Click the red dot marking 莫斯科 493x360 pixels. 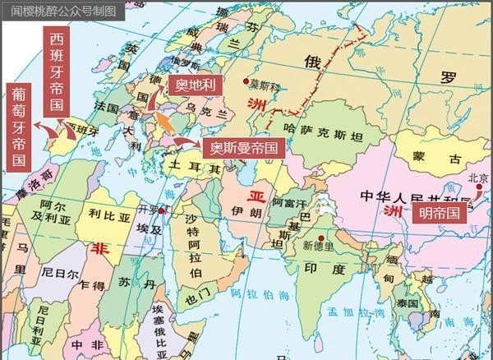click(245, 81)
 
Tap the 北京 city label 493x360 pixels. click(477, 178)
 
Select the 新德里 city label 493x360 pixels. click(318, 245)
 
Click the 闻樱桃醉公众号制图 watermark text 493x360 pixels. click(64, 10)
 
